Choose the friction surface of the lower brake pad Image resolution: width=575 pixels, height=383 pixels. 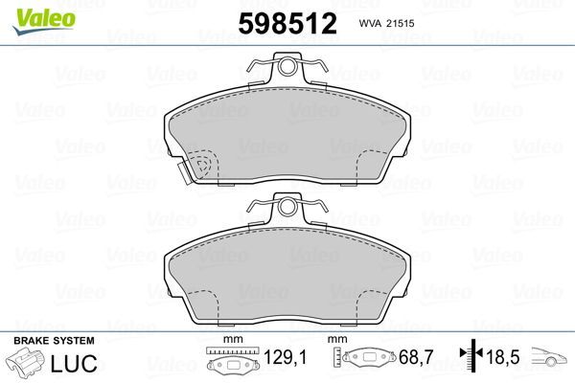(x=287, y=268)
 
